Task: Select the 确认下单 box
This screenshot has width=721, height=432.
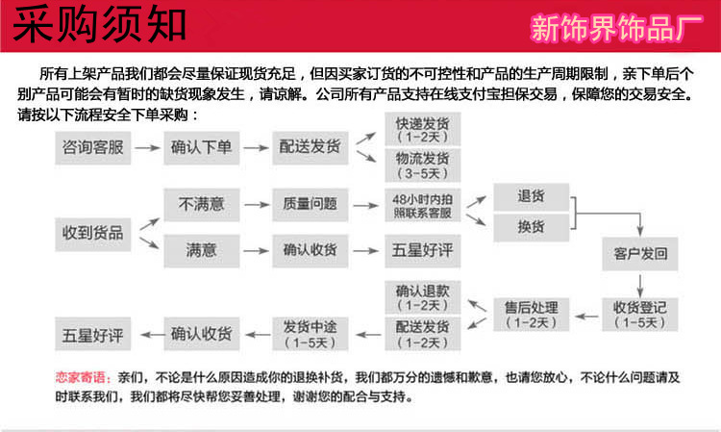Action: pyautogui.click(x=202, y=148)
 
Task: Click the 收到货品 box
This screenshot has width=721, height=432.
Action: pyautogui.click(x=92, y=232)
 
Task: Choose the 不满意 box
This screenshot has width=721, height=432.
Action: pyautogui.click(x=202, y=204)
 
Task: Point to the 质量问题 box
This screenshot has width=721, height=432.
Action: pyautogui.click(x=311, y=204)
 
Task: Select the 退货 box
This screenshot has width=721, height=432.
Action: pyautogui.click(x=531, y=196)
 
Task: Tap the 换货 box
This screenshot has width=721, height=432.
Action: pyautogui.click(x=531, y=227)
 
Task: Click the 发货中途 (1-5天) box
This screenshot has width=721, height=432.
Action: pyautogui.click(x=311, y=332)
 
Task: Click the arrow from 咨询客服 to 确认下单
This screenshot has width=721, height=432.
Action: pyautogui.click(x=146, y=148)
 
